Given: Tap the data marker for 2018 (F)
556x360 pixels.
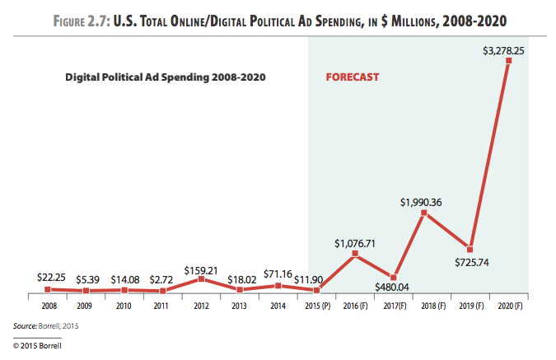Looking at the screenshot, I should click(423, 213).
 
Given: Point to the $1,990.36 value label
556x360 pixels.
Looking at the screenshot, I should click(423, 200).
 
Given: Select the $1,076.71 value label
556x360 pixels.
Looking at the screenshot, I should click(355, 242).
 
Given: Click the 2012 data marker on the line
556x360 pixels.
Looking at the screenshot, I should click(202, 279).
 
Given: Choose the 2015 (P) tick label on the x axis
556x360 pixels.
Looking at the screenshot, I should click(316, 305).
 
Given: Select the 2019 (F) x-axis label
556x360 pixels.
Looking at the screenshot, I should click(470, 305).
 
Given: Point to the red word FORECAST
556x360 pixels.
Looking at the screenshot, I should click(353, 78).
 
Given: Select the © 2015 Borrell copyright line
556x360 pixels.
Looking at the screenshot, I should click(37, 346).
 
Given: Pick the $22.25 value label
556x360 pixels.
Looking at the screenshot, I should click(51, 278).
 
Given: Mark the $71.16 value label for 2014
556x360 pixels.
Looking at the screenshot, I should click(278, 274).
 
